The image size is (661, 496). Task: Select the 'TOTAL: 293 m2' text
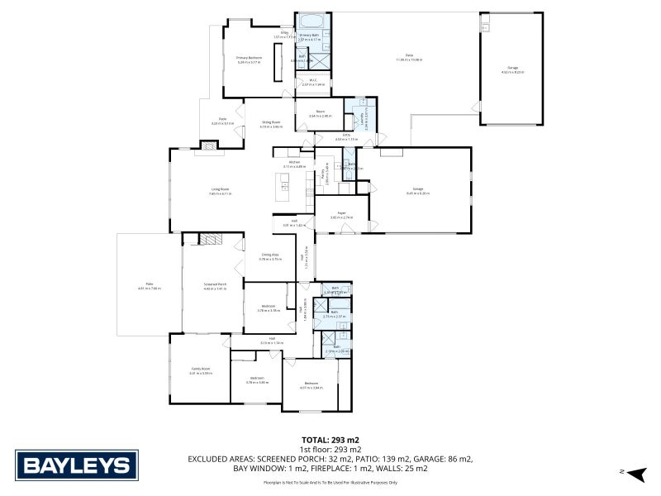point(330,441)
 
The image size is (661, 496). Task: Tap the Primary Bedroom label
point(249,58)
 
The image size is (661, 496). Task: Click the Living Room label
point(219,191)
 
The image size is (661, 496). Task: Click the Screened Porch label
point(215,285)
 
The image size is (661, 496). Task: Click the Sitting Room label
point(271,122)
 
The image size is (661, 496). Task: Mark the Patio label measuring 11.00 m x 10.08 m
point(408,56)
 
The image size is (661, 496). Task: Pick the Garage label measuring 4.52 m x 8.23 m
point(512,69)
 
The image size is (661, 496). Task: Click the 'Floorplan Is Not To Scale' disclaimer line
point(330,482)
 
